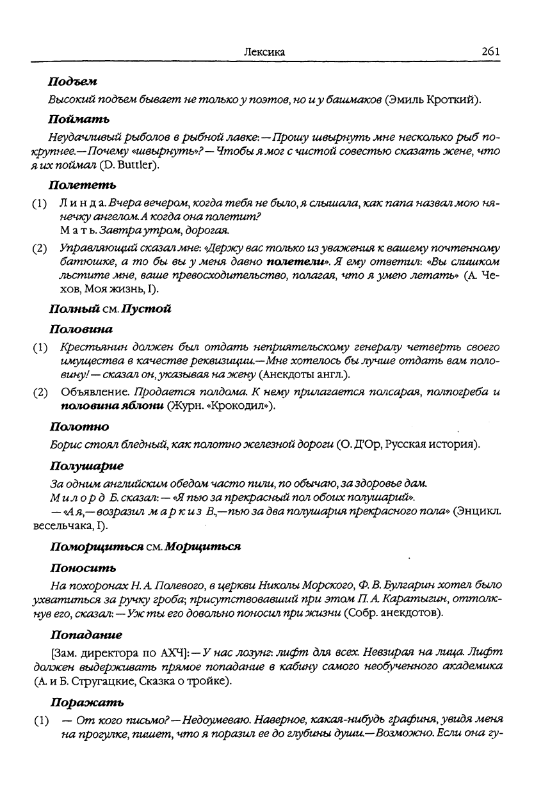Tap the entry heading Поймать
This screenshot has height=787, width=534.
point(79,118)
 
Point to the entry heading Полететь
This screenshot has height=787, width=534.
point(83,186)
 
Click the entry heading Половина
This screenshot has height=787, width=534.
point(81,329)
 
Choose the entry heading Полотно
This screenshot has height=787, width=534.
point(79,426)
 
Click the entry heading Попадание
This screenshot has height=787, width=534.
point(86,635)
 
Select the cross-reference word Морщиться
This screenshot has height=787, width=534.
point(202,547)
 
